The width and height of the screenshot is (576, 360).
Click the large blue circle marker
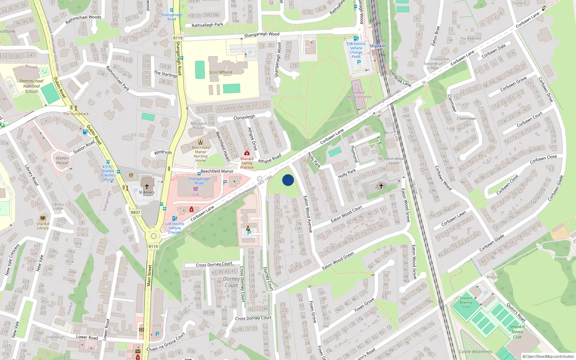pos(288,180)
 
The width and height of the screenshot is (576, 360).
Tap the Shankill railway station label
pos(377,46)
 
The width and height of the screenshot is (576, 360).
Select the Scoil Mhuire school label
pos(221,72)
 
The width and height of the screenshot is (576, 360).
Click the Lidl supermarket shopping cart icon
pos(195,189)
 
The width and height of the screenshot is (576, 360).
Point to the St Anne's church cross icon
pos(147,186)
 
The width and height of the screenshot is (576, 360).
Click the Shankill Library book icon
pos(42,218)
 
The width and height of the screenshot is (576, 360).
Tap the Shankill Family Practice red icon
pos(247,153)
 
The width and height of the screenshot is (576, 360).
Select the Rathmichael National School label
pos(31,86)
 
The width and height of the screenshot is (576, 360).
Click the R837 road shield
pos(135,212)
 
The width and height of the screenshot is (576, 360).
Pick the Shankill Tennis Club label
pos(517,332)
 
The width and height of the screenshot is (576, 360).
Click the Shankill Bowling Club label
pos(466,302)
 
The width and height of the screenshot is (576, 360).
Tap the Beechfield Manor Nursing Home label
pos(201,154)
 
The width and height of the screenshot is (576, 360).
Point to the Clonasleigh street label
pos(244,117)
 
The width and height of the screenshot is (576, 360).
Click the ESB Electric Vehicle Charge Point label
pos(356,50)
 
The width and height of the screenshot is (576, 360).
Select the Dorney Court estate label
pos(231,282)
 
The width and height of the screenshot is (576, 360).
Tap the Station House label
pos(62,160)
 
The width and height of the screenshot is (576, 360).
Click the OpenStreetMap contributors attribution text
pos(548,356)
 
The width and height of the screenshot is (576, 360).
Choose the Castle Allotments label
pos(476,352)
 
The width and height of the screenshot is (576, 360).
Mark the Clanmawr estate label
pos(466,118)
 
